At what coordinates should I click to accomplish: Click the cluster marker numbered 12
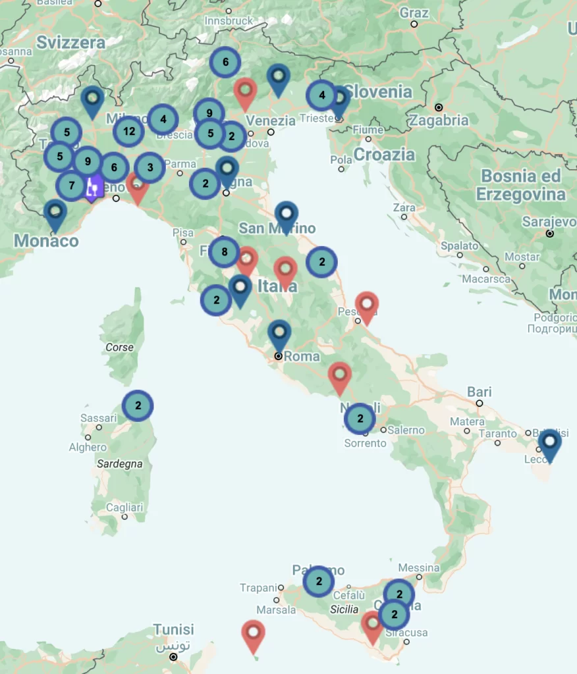(129, 131)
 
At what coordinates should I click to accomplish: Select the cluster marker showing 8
(225, 251)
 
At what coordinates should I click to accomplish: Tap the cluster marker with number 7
(72, 186)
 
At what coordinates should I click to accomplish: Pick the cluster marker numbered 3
(150, 167)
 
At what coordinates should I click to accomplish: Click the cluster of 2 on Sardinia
(138, 405)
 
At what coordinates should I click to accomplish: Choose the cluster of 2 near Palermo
(319, 581)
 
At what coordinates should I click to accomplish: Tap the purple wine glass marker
(94, 187)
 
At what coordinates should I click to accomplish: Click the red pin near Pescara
(366, 305)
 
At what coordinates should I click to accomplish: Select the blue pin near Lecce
(549, 442)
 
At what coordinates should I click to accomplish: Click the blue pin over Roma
(279, 333)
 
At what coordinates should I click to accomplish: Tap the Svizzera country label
(70, 43)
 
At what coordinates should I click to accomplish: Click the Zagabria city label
(438, 120)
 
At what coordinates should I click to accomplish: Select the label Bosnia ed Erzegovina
(520, 185)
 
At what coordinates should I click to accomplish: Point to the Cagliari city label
(124, 507)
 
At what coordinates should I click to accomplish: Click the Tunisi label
(173, 630)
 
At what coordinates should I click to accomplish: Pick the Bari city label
(480, 392)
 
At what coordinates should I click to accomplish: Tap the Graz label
(414, 13)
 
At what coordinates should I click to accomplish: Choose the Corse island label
(119, 347)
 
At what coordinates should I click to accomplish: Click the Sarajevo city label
(549, 222)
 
